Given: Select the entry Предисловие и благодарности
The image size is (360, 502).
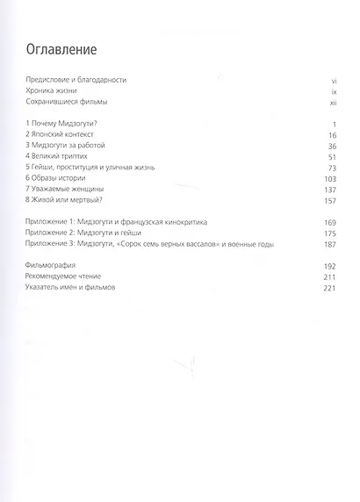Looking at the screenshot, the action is click(x=77, y=80).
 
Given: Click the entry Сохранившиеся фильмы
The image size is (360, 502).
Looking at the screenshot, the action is click(x=69, y=104).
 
